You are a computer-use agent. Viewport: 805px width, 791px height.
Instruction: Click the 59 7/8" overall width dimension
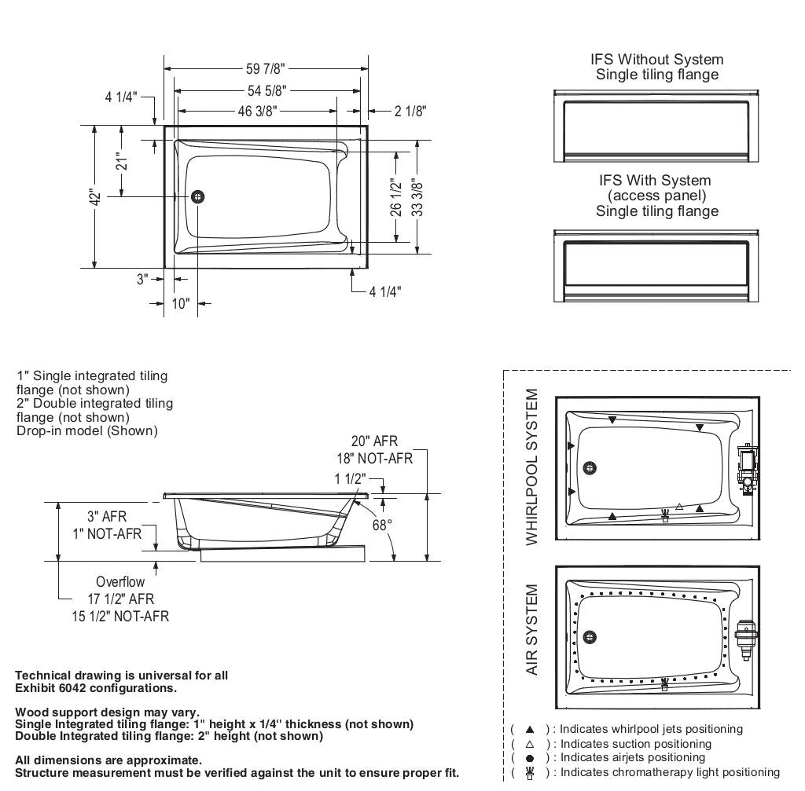266,69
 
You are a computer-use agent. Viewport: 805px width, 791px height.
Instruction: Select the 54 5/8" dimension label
266,90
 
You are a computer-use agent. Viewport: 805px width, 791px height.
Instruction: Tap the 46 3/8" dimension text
257,111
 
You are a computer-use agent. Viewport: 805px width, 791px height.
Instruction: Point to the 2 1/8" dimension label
410,111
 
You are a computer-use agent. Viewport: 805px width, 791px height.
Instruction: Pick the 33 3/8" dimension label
417,198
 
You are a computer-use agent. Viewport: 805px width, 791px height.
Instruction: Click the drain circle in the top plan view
197,196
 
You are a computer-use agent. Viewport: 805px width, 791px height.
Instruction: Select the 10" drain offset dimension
181,304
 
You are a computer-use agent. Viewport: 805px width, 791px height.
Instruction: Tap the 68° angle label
382,525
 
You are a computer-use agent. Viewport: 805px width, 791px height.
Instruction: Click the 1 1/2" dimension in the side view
350,479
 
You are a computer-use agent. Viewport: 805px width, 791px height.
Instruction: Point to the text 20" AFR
374,442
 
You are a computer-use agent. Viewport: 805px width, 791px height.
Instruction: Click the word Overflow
120,582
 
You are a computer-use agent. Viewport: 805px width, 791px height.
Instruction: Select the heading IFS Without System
656,60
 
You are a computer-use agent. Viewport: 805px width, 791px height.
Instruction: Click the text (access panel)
656,196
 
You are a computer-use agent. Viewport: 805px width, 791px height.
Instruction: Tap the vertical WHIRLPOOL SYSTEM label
533,467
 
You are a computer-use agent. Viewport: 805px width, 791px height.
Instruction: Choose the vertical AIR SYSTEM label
533,629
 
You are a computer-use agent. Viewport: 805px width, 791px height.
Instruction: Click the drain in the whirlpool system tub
590,468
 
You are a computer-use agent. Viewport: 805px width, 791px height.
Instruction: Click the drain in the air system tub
590,637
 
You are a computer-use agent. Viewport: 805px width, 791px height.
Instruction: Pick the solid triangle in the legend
530,730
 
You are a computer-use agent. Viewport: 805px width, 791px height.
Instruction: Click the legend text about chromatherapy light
669,772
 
